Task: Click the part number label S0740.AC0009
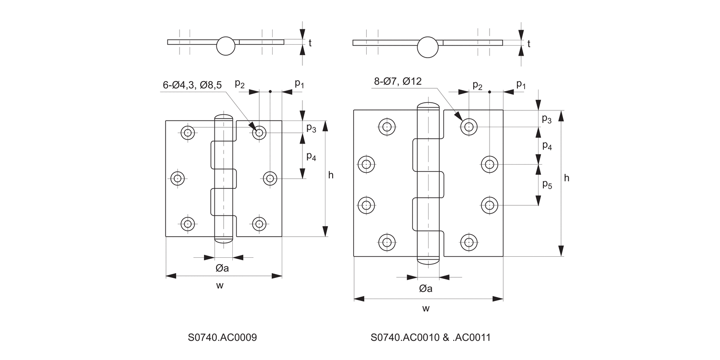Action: click(x=222, y=337)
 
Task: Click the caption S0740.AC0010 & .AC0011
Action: click(x=430, y=337)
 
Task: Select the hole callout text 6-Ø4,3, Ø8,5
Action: click(x=192, y=85)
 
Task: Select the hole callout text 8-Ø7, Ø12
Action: click(x=397, y=81)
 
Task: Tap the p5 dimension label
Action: click(x=547, y=184)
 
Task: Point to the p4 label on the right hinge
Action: click(x=547, y=146)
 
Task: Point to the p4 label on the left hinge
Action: click(x=311, y=156)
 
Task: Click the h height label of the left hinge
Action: click(x=331, y=175)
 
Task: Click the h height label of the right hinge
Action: click(x=566, y=178)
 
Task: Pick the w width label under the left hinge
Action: click(x=220, y=286)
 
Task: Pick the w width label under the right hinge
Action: click(x=426, y=308)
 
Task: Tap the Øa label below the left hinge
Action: click(x=222, y=268)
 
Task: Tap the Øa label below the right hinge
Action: click(x=426, y=288)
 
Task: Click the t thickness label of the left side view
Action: click(x=310, y=43)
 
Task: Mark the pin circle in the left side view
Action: click(x=226, y=46)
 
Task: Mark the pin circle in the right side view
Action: click(x=428, y=47)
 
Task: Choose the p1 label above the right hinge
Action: click(x=521, y=84)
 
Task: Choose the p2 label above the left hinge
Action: click(x=240, y=84)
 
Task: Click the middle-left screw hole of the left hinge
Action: click(x=178, y=179)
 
